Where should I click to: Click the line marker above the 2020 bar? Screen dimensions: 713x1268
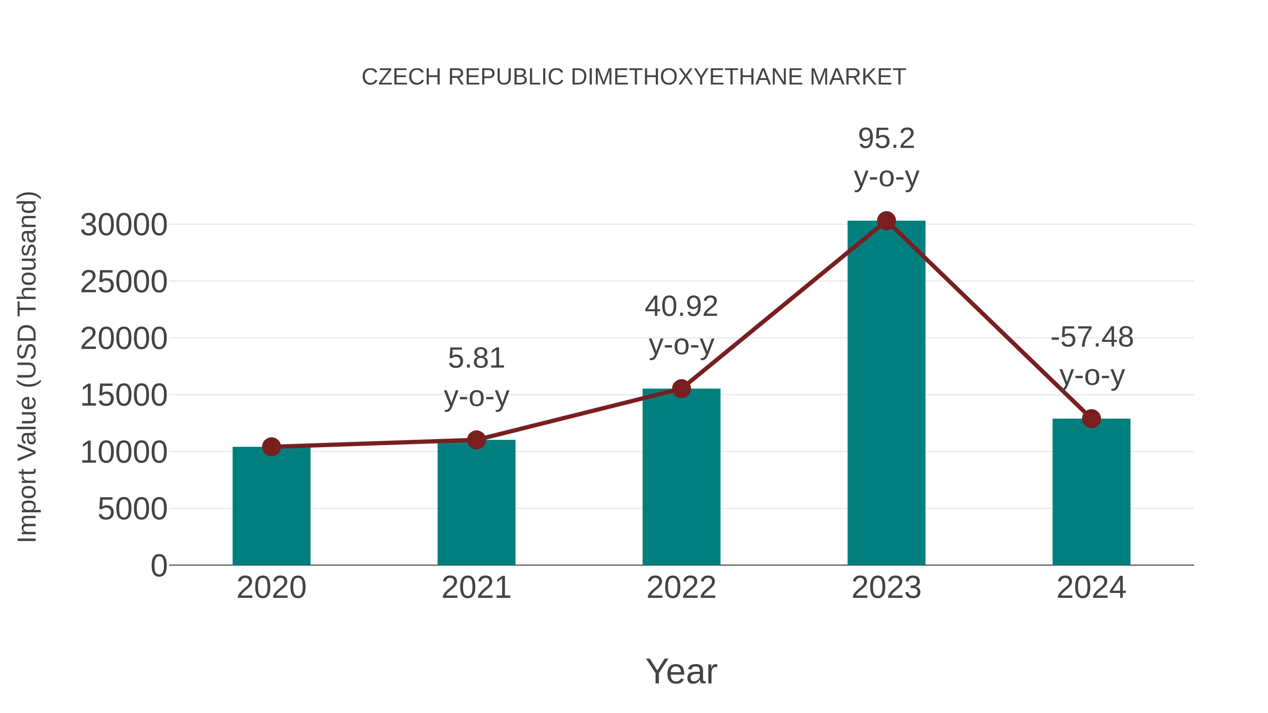tap(271, 447)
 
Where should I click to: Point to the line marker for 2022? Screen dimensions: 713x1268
tap(681, 389)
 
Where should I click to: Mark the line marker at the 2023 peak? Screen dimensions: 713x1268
tap(886, 221)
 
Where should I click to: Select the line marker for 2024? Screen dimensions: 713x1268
tap(1091, 419)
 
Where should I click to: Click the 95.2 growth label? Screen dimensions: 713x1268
tap(886, 139)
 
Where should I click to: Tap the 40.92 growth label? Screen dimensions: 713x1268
tap(681, 307)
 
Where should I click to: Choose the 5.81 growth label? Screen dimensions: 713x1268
tap(476, 358)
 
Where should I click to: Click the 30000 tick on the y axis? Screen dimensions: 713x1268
tap(124, 225)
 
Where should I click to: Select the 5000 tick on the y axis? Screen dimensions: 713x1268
tap(132, 509)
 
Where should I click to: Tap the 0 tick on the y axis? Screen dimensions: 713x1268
tap(158, 566)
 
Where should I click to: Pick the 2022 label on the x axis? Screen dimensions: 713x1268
tap(681, 588)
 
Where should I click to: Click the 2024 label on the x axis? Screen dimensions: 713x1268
tap(1091, 588)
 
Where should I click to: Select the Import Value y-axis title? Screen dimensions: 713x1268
tap(27, 367)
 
